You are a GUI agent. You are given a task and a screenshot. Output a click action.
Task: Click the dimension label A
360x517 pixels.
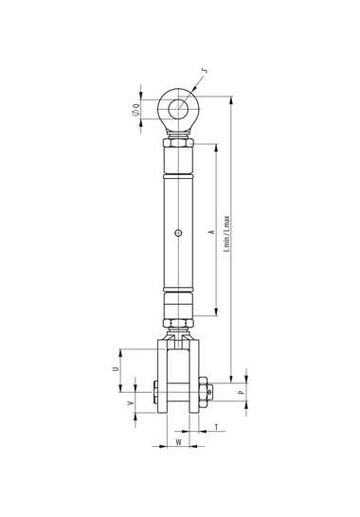[212, 232]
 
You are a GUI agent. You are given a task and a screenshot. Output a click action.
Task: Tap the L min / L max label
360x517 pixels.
[226, 234]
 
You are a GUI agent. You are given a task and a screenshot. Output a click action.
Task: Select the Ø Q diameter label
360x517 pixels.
[136, 110]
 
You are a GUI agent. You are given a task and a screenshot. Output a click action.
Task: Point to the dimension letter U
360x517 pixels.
[116, 368]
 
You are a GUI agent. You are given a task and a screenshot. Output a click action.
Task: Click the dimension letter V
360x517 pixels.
[131, 403]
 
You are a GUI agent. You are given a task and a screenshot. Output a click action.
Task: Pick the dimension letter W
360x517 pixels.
[178, 442]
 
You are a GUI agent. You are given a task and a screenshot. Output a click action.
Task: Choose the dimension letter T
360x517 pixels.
[216, 427]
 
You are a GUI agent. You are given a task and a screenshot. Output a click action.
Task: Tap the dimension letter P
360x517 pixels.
[242, 392]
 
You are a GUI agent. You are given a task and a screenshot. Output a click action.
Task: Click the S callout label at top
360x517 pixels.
[206, 71]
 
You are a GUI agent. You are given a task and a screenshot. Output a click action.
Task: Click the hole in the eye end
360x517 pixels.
[178, 109]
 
